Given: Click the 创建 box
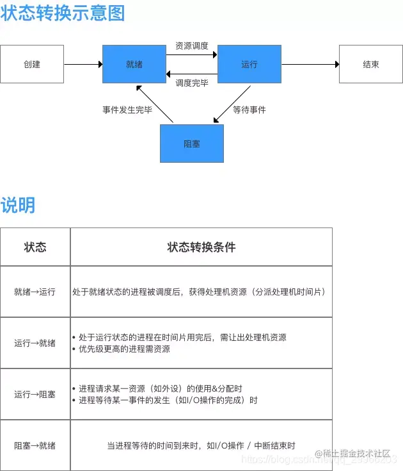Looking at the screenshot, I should pyautogui.click(x=32, y=64).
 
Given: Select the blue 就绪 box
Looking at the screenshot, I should pyautogui.click(x=134, y=64).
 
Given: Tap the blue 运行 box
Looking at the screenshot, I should pyautogui.click(x=249, y=64).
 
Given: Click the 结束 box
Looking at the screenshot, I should pyautogui.click(x=371, y=64).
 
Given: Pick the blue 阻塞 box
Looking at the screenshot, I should pyautogui.click(x=191, y=144).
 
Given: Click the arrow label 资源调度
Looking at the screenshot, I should pyautogui.click(x=192, y=46).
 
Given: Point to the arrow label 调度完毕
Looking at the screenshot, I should pyautogui.click(x=192, y=82).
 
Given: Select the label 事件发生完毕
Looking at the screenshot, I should pyautogui.click(x=127, y=110).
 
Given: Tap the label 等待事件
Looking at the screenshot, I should pyautogui.click(x=249, y=110).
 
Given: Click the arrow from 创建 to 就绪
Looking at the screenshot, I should pyautogui.click(x=83, y=64).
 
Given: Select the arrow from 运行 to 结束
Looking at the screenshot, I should pyautogui.click(x=310, y=64).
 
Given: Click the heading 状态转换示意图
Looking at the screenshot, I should pyautogui.click(x=63, y=13).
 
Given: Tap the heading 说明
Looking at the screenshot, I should pyautogui.click(x=18, y=205).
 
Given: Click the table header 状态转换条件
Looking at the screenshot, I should pyautogui.click(x=201, y=247).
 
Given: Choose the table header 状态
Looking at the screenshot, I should pyautogui.click(x=35, y=247).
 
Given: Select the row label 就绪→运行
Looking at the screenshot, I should pyautogui.click(x=35, y=292).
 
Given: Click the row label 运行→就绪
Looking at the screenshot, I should pyautogui.click(x=35, y=343).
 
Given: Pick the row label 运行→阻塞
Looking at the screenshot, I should pyautogui.click(x=35, y=394).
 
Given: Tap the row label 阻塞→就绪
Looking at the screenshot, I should pyautogui.click(x=35, y=445).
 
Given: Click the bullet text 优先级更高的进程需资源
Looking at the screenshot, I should pyautogui.click(x=124, y=349).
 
